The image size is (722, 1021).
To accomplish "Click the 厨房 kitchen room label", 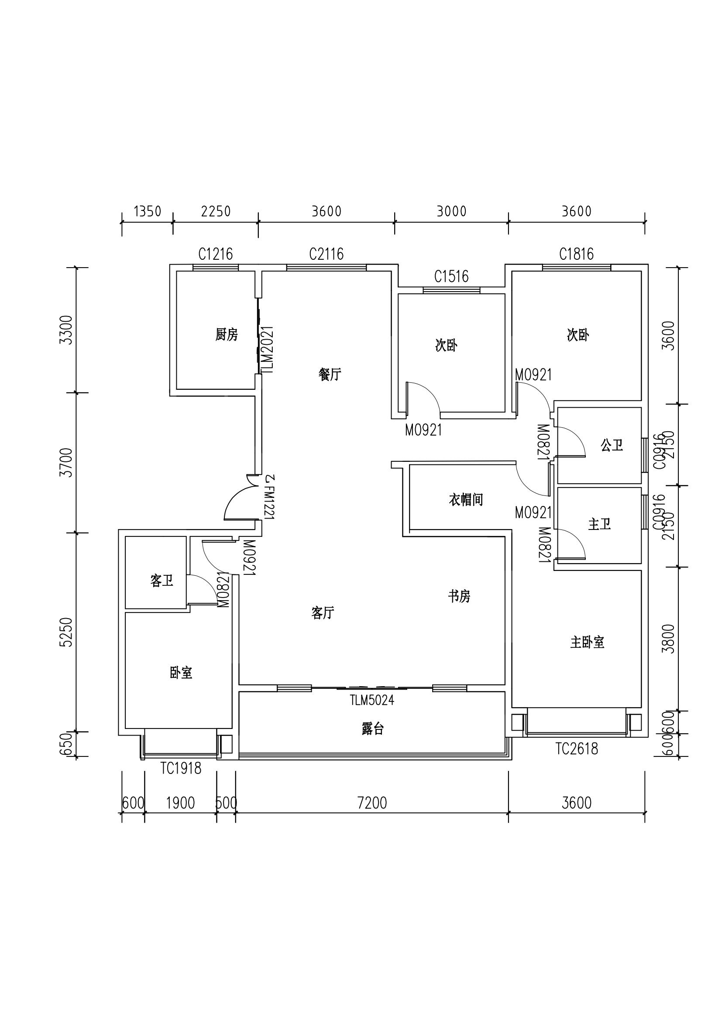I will click(226, 334).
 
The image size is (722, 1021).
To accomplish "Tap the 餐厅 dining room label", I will click(330, 375).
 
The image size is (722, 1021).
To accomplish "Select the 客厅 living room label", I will click(323, 613).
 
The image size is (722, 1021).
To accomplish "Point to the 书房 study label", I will click(459, 596).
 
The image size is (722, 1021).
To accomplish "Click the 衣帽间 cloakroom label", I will click(465, 500).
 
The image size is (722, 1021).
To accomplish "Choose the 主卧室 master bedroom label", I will click(587, 642).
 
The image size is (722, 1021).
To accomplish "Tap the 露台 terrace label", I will click(372, 729).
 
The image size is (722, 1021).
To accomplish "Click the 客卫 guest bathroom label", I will click(162, 581).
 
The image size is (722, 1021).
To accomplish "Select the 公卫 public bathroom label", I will click(612, 445).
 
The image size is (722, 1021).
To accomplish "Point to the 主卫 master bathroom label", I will click(599, 524).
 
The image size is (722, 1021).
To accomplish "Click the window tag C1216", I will click(216, 254).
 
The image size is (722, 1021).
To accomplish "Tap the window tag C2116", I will click(327, 254).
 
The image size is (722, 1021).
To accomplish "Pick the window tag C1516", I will click(451, 277).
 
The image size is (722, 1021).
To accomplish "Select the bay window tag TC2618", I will click(577, 749).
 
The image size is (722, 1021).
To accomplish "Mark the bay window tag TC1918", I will click(181, 768).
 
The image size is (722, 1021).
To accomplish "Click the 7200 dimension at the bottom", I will click(372, 803).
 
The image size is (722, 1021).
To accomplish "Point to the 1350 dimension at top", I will click(148, 211).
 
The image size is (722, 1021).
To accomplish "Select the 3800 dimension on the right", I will click(668, 639).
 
